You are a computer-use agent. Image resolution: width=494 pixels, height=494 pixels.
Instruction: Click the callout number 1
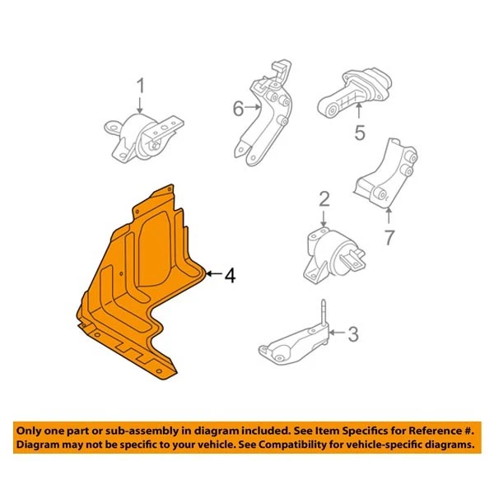pos(140,86)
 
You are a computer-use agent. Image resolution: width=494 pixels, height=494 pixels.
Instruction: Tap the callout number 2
pos(324,198)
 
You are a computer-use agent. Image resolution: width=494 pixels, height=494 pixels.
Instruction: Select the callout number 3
pos(353,333)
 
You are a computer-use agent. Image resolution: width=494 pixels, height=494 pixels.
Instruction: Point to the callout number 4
pos(230,276)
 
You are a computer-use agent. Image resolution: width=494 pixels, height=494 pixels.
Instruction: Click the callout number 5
pos(359,132)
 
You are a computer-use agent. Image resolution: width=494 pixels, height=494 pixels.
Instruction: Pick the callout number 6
pos(238,108)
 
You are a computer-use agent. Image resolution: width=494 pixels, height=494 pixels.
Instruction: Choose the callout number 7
pos(389,238)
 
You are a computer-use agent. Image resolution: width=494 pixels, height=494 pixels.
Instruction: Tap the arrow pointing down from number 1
pos(140,105)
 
